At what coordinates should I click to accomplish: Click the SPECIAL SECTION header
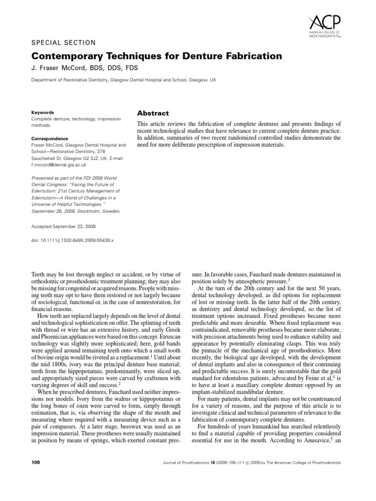[63, 43]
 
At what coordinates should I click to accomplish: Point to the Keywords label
[42, 112]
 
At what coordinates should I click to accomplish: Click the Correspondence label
[49, 138]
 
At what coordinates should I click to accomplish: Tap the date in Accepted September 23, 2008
[72, 227]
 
